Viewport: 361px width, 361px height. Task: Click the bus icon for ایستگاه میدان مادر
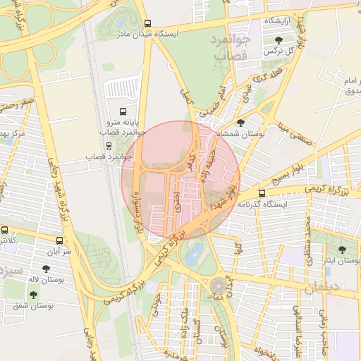coord(147,23)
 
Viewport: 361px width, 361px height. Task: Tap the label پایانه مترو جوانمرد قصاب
coord(122,128)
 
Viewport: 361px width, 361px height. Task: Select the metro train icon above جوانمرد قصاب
coord(108,145)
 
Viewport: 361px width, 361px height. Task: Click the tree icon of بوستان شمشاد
coord(241,122)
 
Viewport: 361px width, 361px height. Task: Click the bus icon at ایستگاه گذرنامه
coord(262,193)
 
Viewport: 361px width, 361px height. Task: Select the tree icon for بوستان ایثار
coord(342,250)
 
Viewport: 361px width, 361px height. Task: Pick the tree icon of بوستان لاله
coord(47,269)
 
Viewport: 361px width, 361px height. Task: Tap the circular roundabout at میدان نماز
coord(219,286)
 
